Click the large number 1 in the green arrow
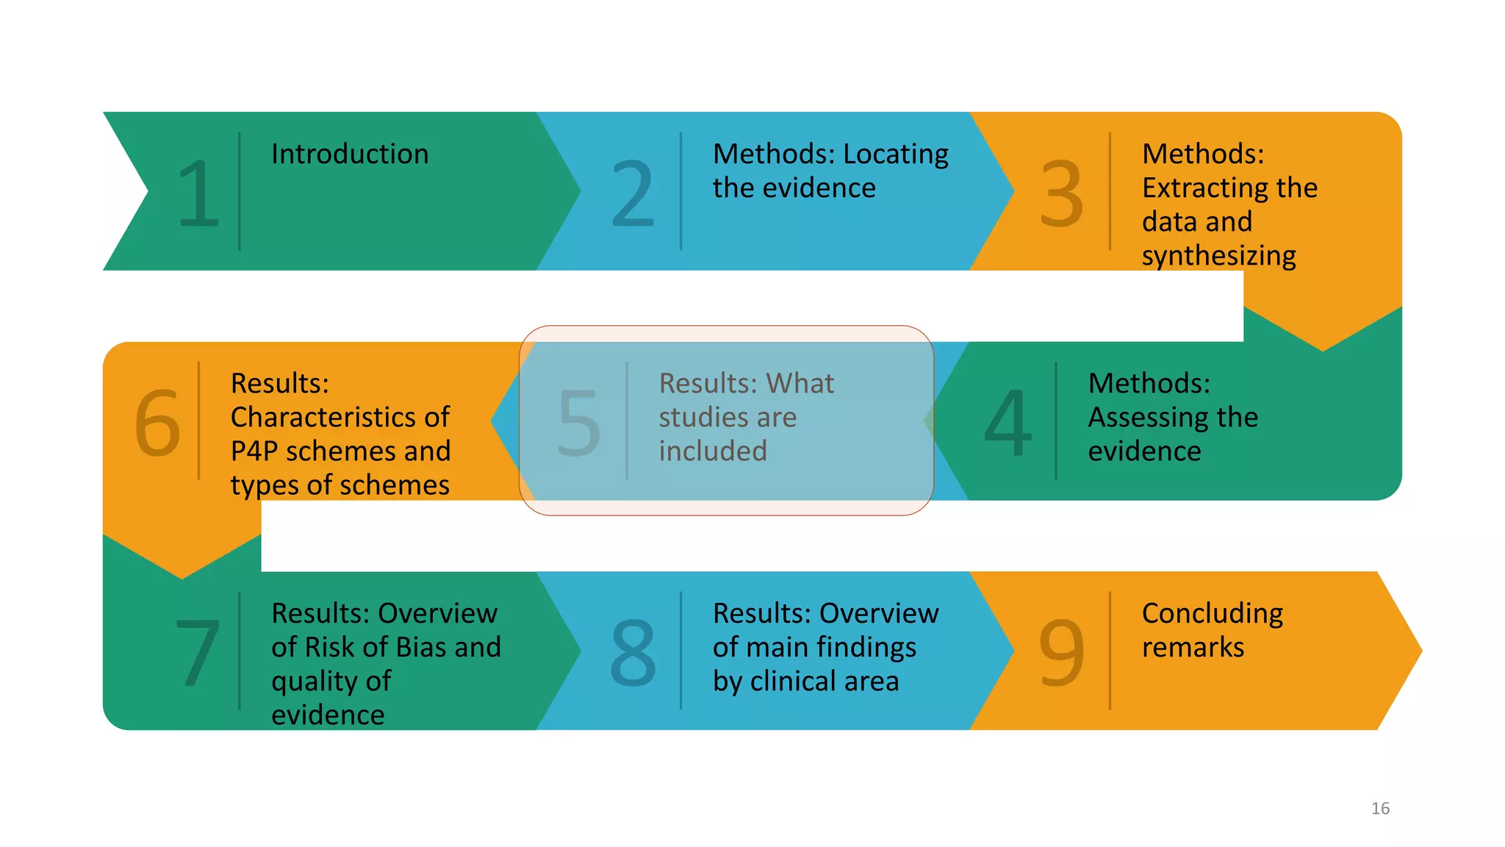point(198,193)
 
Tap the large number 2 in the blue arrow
point(633,193)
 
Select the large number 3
point(1062,193)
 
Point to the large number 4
point(1008,422)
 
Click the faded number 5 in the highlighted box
point(579,422)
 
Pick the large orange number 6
point(157,422)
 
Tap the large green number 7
point(198,651)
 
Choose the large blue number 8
point(633,651)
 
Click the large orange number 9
point(1062,651)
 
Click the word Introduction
point(350,154)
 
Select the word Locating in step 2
point(896,154)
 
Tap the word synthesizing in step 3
point(1218,256)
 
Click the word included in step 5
point(713,451)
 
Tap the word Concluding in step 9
point(1213,614)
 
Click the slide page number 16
point(1380,809)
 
